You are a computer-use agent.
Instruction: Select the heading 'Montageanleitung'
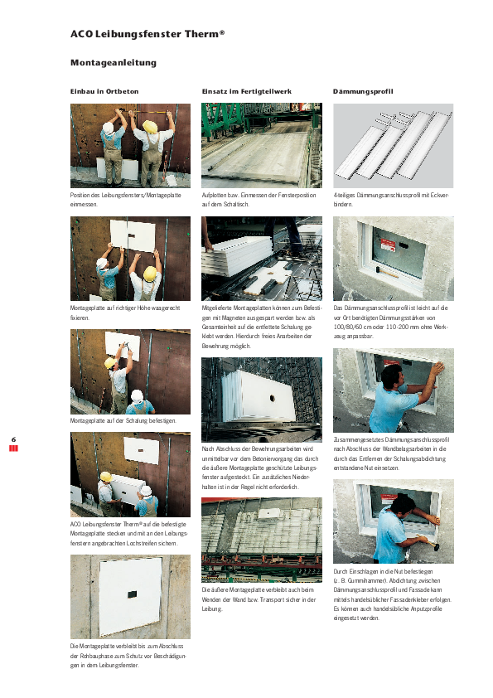click(114, 63)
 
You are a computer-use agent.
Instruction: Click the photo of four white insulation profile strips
click(393, 145)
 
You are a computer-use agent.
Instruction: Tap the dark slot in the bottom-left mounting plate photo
click(131, 594)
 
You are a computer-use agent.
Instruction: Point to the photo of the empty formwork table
click(262, 145)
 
